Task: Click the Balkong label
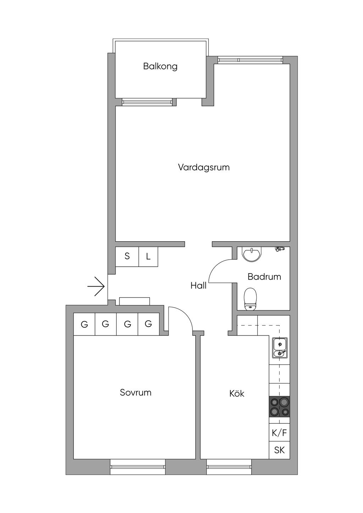click(160, 66)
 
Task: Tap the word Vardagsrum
click(203, 167)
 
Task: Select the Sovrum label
click(135, 393)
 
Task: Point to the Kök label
click(237, 394)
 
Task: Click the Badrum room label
click(264, 277)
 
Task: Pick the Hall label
click(198, 286)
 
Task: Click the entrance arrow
click(96, 286)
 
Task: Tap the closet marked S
click(127, 256)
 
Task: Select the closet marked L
click(148, 256)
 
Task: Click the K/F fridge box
click(279, 433)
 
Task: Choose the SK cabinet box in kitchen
click(279, 450)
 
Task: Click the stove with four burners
click(279, 407)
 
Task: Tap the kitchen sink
click(280, 348)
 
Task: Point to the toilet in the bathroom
click(250, 299)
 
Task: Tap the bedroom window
click(138, 467)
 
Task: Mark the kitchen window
click(229, 467)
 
